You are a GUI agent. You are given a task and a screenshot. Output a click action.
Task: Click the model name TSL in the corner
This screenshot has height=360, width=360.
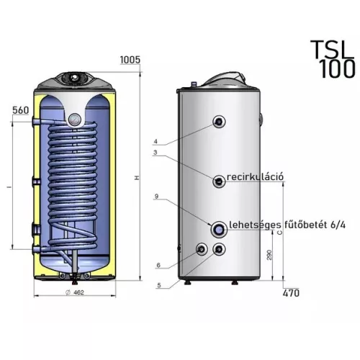333,50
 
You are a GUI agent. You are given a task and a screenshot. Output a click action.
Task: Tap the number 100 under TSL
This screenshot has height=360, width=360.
337,69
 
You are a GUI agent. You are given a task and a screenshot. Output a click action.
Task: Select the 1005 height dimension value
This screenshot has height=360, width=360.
130,60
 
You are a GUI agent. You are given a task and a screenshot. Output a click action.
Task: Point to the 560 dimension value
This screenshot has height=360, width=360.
21,110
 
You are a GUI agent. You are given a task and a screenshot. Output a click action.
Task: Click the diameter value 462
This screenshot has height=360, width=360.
78,292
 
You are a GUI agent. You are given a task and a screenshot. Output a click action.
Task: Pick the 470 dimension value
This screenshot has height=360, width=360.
291,293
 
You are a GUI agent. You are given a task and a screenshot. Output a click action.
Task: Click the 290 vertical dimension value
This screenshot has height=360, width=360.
269,255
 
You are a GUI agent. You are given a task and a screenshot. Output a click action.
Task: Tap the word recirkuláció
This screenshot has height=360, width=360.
255,177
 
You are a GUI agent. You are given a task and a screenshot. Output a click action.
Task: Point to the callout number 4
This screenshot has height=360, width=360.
156,141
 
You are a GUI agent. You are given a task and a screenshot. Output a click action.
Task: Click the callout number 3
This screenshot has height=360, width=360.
156,152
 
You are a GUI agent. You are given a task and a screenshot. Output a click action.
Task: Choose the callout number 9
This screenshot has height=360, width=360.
156,197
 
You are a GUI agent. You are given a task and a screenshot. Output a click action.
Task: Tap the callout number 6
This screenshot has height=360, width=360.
158,265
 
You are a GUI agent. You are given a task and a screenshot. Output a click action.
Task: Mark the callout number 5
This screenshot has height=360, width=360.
159,285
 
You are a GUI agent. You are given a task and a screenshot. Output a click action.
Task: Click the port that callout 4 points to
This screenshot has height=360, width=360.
219,122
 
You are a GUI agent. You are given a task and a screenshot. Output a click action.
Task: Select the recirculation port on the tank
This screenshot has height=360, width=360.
219,181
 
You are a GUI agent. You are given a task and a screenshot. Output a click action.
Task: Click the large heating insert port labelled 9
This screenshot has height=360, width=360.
219,230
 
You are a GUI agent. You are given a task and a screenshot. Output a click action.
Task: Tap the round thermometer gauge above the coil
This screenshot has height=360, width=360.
75,120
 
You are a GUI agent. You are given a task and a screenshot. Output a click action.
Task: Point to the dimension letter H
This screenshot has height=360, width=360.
137,178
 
